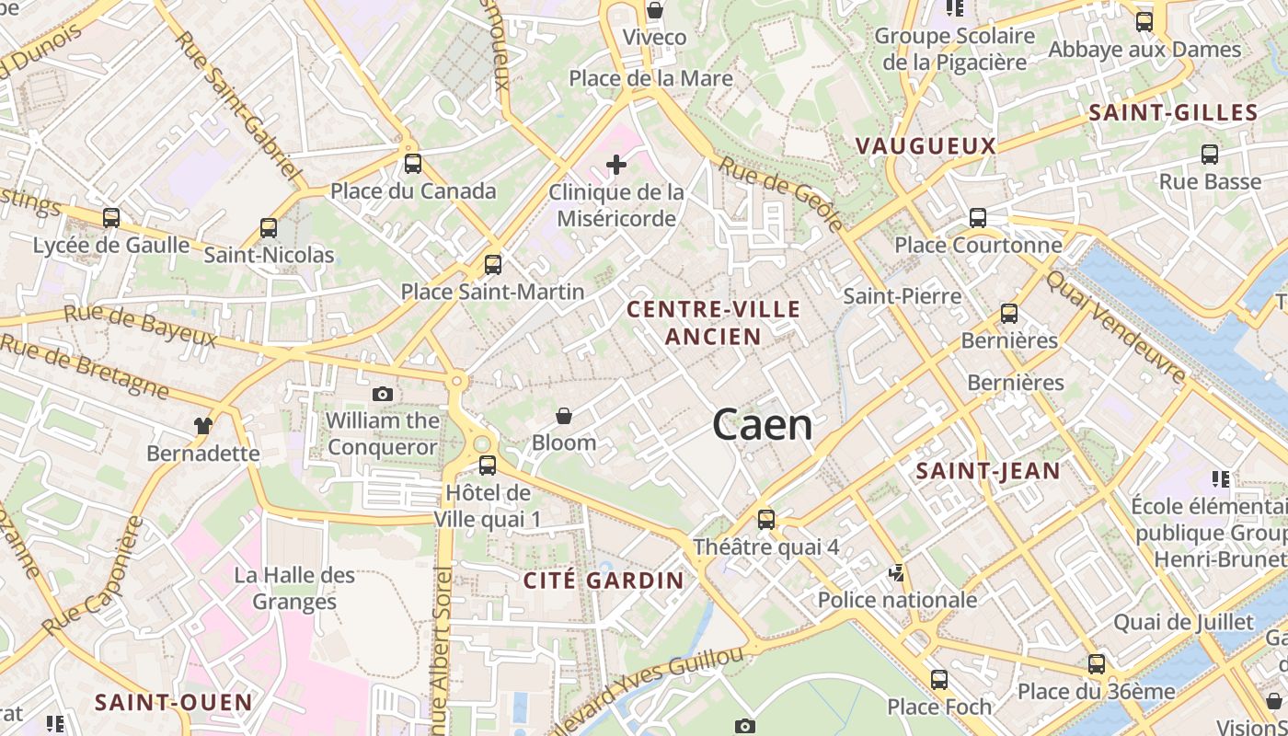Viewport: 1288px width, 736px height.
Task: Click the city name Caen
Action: (763, 425)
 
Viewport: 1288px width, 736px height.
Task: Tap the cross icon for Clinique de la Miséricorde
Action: (616, 166)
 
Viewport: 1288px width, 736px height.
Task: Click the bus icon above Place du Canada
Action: (413, 164)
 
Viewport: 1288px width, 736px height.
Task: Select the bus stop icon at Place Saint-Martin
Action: (493, 265)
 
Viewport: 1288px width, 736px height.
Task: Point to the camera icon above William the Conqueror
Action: (382, 394)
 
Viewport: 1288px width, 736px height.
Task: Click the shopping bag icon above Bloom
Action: (564, 416)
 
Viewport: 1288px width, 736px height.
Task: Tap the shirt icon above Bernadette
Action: (203, 425)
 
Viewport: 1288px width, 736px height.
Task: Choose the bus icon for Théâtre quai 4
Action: (765, 520)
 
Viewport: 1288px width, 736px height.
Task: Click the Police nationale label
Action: (897, 600)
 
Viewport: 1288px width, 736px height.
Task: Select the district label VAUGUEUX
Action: (926, 145)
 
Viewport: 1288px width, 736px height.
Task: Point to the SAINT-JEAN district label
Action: (988, 471)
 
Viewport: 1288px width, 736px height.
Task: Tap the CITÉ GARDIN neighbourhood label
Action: (604, 580)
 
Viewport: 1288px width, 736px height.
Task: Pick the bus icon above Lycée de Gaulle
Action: (111, 218)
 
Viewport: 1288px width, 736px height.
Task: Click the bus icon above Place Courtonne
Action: (978, 218)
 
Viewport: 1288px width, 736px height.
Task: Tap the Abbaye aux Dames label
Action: (1144, 50)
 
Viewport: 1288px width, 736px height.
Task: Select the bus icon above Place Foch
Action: (939, 680)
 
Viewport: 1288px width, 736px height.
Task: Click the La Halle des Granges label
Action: (294, 589)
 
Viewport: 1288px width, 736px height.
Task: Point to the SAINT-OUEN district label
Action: (174, 702)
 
